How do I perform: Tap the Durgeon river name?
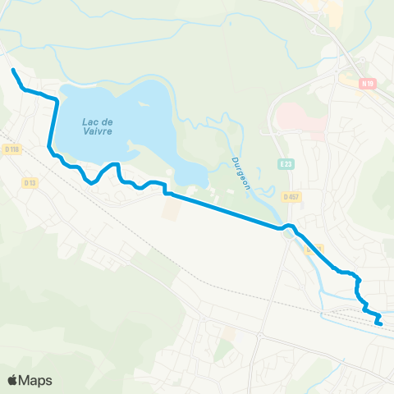point(240,173)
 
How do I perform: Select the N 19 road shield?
point(368,83)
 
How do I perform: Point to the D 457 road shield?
point(291,197)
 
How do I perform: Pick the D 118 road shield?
point(12,149)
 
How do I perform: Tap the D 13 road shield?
point(30,181)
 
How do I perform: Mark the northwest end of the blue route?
point(12,71)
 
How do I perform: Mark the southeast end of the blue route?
point(382,324)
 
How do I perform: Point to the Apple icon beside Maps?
point(13,379)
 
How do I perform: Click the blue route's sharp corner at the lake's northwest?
point(56,99)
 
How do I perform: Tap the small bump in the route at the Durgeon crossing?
point(287,226)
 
